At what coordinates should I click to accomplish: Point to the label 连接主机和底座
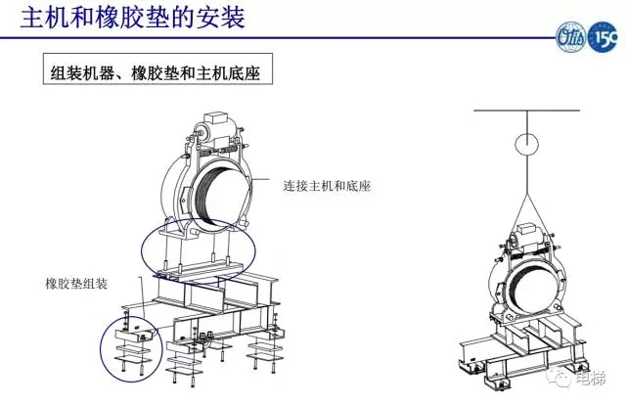pos(330,184)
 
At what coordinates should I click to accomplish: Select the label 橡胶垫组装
pos(76,284)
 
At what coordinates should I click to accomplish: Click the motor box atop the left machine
pos(213,131)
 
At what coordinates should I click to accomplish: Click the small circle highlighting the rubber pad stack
pos(131,342)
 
